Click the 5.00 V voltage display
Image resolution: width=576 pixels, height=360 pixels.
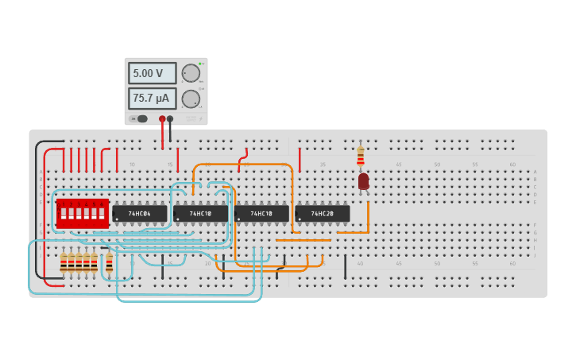point(152,73)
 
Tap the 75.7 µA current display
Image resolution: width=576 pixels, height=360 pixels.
point(152,99)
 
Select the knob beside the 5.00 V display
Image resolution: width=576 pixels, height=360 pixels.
point(191,73)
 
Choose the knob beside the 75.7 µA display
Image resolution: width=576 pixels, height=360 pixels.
point(191,99)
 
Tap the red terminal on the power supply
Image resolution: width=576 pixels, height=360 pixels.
point(162,118)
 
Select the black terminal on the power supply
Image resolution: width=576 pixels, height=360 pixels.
point(170,118)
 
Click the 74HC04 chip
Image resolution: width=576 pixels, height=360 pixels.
point(140,214)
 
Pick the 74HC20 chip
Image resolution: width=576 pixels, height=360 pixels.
point(323,214)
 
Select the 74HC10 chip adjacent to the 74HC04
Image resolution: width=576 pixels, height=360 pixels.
point(201,214)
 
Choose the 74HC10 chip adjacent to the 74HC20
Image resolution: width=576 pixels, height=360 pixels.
point(261,214)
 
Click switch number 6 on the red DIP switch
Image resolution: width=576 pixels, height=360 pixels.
point(102,214)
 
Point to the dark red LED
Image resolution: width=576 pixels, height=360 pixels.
point(363,181)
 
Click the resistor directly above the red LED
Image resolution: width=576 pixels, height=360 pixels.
point(361,155)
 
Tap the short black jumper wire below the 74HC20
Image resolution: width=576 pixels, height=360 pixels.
point(345,266)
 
